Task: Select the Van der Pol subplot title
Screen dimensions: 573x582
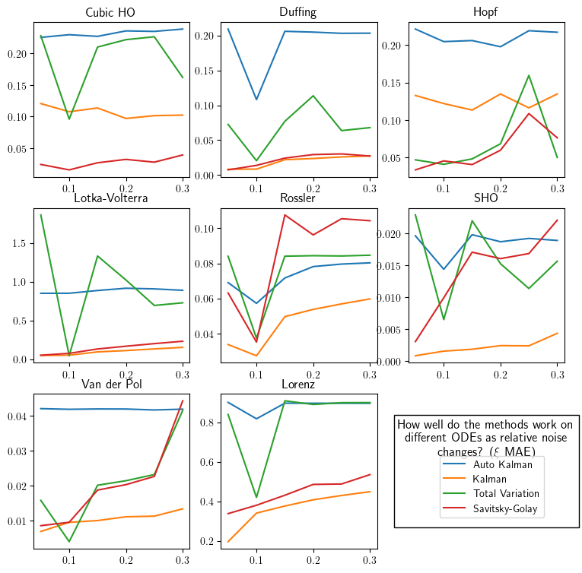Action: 111,383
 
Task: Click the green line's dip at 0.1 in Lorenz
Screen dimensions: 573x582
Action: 256,497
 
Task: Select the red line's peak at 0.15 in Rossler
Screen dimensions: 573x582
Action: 285,215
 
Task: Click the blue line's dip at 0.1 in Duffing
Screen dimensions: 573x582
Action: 256,100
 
